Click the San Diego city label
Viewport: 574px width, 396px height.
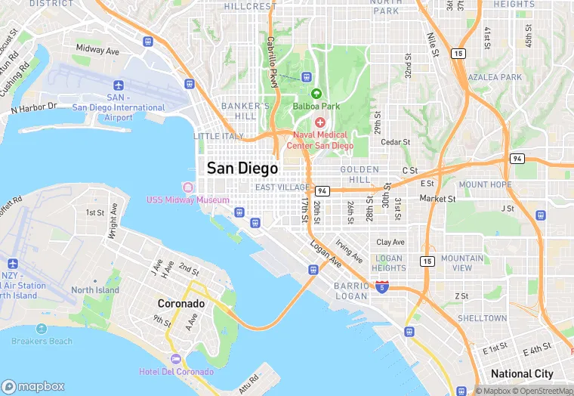coord(242,168)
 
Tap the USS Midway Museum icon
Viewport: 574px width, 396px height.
coord(187,187)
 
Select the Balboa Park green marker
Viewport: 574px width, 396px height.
coord(316,93)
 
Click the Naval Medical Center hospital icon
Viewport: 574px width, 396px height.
coord(320,122)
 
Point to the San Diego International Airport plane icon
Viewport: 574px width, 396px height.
coord(117,85)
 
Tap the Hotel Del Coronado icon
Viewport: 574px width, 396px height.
coord(176,358)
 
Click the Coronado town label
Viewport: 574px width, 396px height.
coord(181,303)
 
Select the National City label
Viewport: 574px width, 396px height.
coord(522,373)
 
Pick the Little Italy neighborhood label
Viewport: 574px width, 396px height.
coord(219,136)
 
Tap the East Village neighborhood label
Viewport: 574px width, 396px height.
coord(282,187)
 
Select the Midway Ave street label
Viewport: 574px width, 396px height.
coord(97,51)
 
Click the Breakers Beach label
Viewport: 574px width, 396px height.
coord(42,341)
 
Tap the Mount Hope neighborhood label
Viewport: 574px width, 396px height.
coord(485,184)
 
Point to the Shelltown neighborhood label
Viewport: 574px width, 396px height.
coord(482,318)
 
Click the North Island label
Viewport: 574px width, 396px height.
coord(95,290)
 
